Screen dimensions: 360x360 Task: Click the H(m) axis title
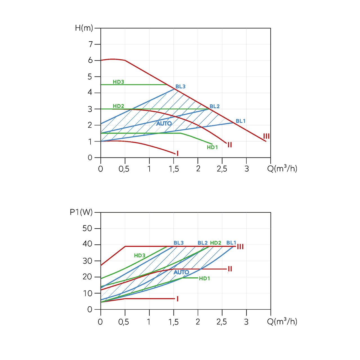point(84,28)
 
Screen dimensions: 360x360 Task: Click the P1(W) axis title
point(81,212)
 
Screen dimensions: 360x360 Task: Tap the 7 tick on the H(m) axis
point(91,44)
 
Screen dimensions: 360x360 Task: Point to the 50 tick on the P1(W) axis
point(87,228)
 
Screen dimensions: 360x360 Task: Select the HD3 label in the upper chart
point(118,82)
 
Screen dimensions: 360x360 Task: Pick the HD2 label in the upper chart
point(118,106)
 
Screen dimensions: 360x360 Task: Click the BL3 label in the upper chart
point(180,87)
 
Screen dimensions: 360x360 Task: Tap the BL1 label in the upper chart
point(240,121)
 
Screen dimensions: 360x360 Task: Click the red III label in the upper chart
point(266,136)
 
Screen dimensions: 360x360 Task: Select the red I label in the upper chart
point(177,153)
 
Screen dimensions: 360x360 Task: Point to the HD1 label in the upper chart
point(212,147)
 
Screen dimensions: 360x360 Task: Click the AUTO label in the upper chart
point(164,123)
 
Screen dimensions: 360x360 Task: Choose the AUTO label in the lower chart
point(181,272)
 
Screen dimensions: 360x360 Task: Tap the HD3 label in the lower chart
point(139,255)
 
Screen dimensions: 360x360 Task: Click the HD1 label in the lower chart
point(204,278)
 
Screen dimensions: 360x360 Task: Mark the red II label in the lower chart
point(230,269)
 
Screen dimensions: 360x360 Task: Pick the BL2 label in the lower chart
point(202,243)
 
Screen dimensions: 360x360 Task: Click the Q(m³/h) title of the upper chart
point(282,168)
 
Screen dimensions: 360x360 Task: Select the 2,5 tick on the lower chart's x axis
point(222,322)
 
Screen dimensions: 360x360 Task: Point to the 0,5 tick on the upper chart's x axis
point(124,169)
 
